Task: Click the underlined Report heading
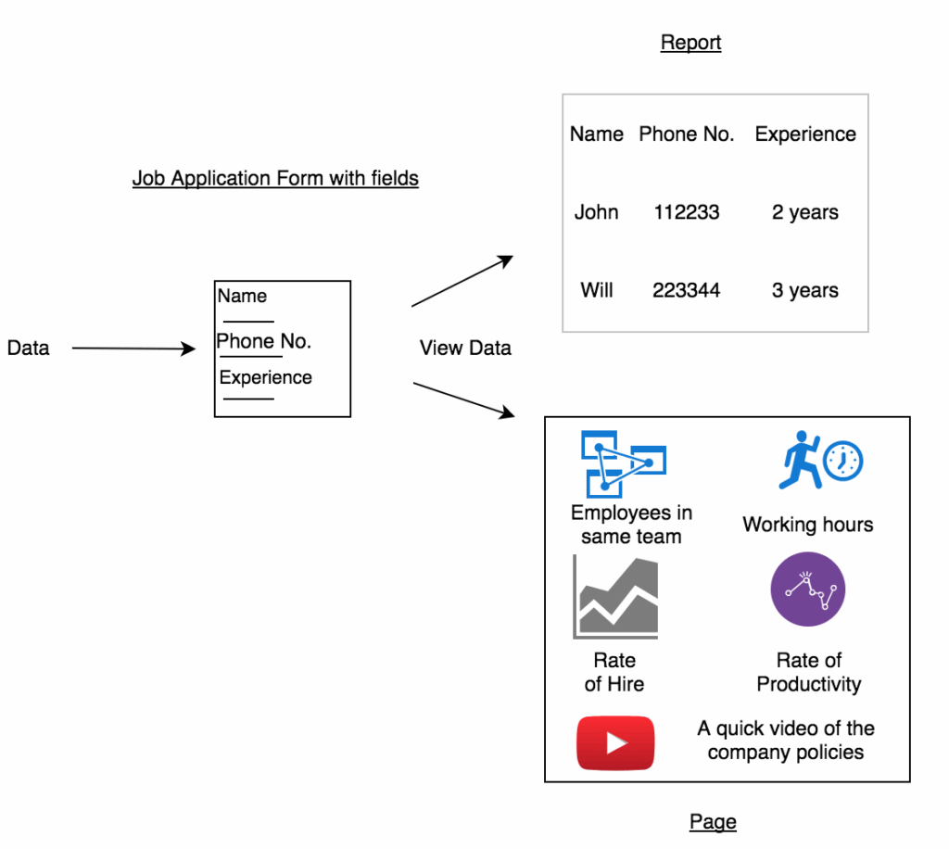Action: pyautogui.click(x=690, y=43)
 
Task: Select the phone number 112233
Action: pyautogui.click(x=687, y=212)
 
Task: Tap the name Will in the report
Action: pyautogui.click(x=597, y=290)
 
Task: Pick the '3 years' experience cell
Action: pyautogui.click(x=805, y=290)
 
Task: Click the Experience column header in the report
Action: pyautogui.click(x=805, y=134)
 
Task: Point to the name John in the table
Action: pyautogui.click(x=596, y=212)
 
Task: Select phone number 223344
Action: pyautogui.click(x=687, y=290)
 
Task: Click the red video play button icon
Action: pyautogui.click(x=615, y=743)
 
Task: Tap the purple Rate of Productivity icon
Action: pyautogui.click(x=808, y=589)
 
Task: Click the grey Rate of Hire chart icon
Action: pyautogui.click(x=615, y=597)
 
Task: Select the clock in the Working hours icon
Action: pyautogui.click(x=842, y=461)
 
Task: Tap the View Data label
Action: pyautogui.click(x=465, y=348)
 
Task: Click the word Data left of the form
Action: pyautogui.click(x=29, y=348)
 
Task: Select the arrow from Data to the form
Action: pyautogui.click(x=133, y=348)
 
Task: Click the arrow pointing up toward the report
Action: pyautogui.click(x=462, y=281)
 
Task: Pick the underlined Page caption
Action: pyautogui.click(x=713, y=822)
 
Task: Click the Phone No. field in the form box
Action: pyautogui.click(x=264, y=341)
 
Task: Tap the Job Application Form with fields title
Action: pyautogui.click(x=275, y=179)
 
